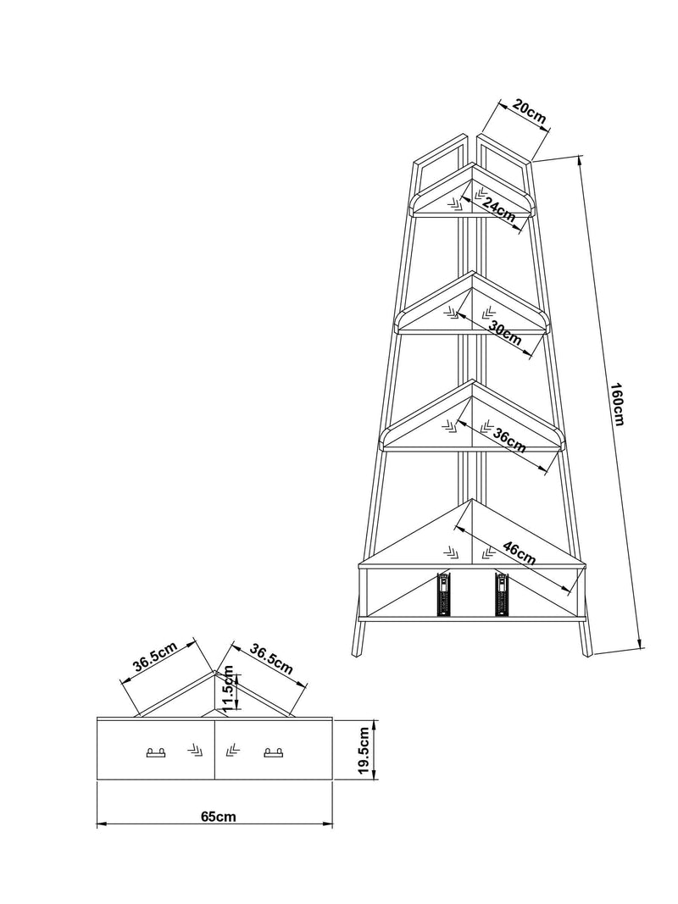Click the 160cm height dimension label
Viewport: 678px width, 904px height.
click(x=618, y=404)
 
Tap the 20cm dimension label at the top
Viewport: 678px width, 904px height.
click(x=529, y=113)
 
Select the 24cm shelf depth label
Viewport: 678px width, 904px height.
click(x=499, y=210)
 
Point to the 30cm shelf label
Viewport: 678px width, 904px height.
click(x=505, y=333)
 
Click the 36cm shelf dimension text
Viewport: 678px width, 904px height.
click(x=509, y=441)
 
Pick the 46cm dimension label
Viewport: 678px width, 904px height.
click(x=520, y=553)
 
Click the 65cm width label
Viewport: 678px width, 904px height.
click(x=218, y=817)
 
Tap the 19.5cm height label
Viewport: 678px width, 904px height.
click(x=364, y=750)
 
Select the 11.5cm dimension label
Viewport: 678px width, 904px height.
click(x=229, y=688)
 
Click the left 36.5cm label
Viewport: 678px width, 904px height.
click(x=155, y=657)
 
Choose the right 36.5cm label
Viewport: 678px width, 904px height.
click(x=271, y=659)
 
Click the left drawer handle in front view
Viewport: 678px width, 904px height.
click(x=156, y=751)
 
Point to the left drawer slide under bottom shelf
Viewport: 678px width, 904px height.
click(x=443, y=595)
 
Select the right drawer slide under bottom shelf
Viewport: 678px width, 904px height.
click(x=502, y=595)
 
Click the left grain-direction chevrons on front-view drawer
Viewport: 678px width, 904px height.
click(x=195, y=750)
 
